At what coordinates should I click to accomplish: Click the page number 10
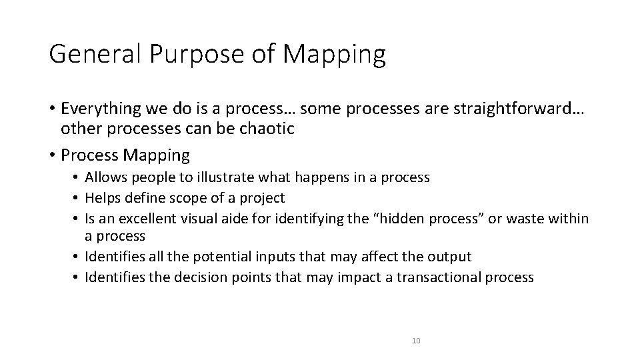coord(416,341)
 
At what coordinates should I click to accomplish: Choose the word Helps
coord(103,198)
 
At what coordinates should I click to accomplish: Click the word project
coord(263,198)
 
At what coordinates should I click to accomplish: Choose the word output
coord(451,257)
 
